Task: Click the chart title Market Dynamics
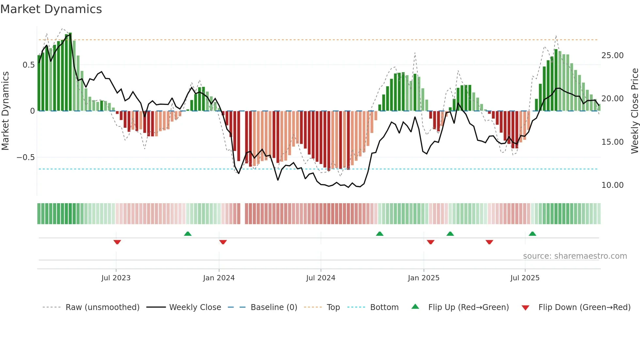pos(51,9)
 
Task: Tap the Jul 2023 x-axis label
pos(116,278)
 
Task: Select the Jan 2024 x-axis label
pos(219,278)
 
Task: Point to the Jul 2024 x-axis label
pos(321,278)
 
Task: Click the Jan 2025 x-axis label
pos(424,278)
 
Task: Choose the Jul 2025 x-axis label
pos(525,278)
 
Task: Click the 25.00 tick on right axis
pos(612,56)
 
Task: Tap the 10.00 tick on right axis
pos(612,185)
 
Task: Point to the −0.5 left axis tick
pos(25,157)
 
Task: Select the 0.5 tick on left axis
pos(28,65)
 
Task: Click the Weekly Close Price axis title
pos(634,111)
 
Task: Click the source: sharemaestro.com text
pos(575,256)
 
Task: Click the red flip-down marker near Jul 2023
pos(117,242)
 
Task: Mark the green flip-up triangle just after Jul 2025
pos(532,234)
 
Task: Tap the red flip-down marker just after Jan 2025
pos(430,242)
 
